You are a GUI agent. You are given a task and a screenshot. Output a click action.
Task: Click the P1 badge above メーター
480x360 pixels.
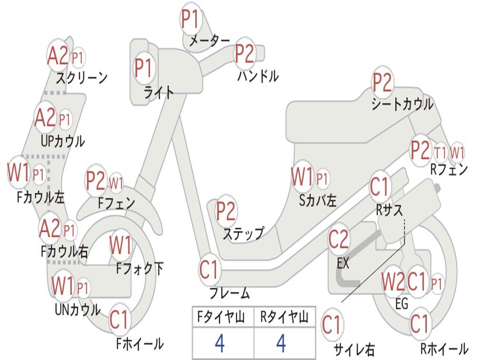190,19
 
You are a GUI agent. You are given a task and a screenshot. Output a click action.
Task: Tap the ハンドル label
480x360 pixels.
258,75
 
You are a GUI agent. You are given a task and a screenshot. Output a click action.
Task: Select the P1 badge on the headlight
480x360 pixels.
143,68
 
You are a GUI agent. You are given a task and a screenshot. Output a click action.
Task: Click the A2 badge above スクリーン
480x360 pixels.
58,56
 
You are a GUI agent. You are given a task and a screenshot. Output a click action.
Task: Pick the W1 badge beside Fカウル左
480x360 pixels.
19,173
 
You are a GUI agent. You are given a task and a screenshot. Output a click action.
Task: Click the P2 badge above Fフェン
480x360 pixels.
96,181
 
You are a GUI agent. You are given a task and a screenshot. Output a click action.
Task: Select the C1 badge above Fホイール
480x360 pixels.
119,320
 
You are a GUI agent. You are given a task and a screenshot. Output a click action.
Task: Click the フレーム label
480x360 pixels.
230,294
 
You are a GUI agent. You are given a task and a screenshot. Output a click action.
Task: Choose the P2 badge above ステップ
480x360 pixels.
225,212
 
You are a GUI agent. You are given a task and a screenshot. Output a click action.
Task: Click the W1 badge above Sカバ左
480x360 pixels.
301,177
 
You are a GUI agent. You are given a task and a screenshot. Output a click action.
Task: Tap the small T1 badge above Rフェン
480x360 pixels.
440,152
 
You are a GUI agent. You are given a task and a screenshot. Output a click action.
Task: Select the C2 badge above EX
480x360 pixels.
338,240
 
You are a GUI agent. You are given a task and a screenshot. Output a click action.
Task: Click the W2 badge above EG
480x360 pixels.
392,282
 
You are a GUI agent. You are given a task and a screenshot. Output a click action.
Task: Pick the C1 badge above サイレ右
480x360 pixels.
331,325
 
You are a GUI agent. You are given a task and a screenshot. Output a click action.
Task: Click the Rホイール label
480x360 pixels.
444,348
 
